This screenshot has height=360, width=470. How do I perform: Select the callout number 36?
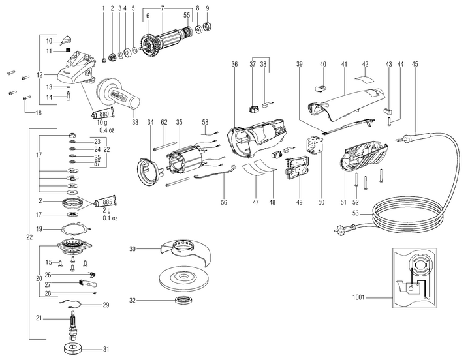pos(234,65)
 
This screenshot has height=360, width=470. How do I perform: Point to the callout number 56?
pos(224,203)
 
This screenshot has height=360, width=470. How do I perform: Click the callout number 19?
pos(39,229)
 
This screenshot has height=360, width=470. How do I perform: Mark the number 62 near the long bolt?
pos(164,122)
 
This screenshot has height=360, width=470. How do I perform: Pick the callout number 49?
pos(300,203)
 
